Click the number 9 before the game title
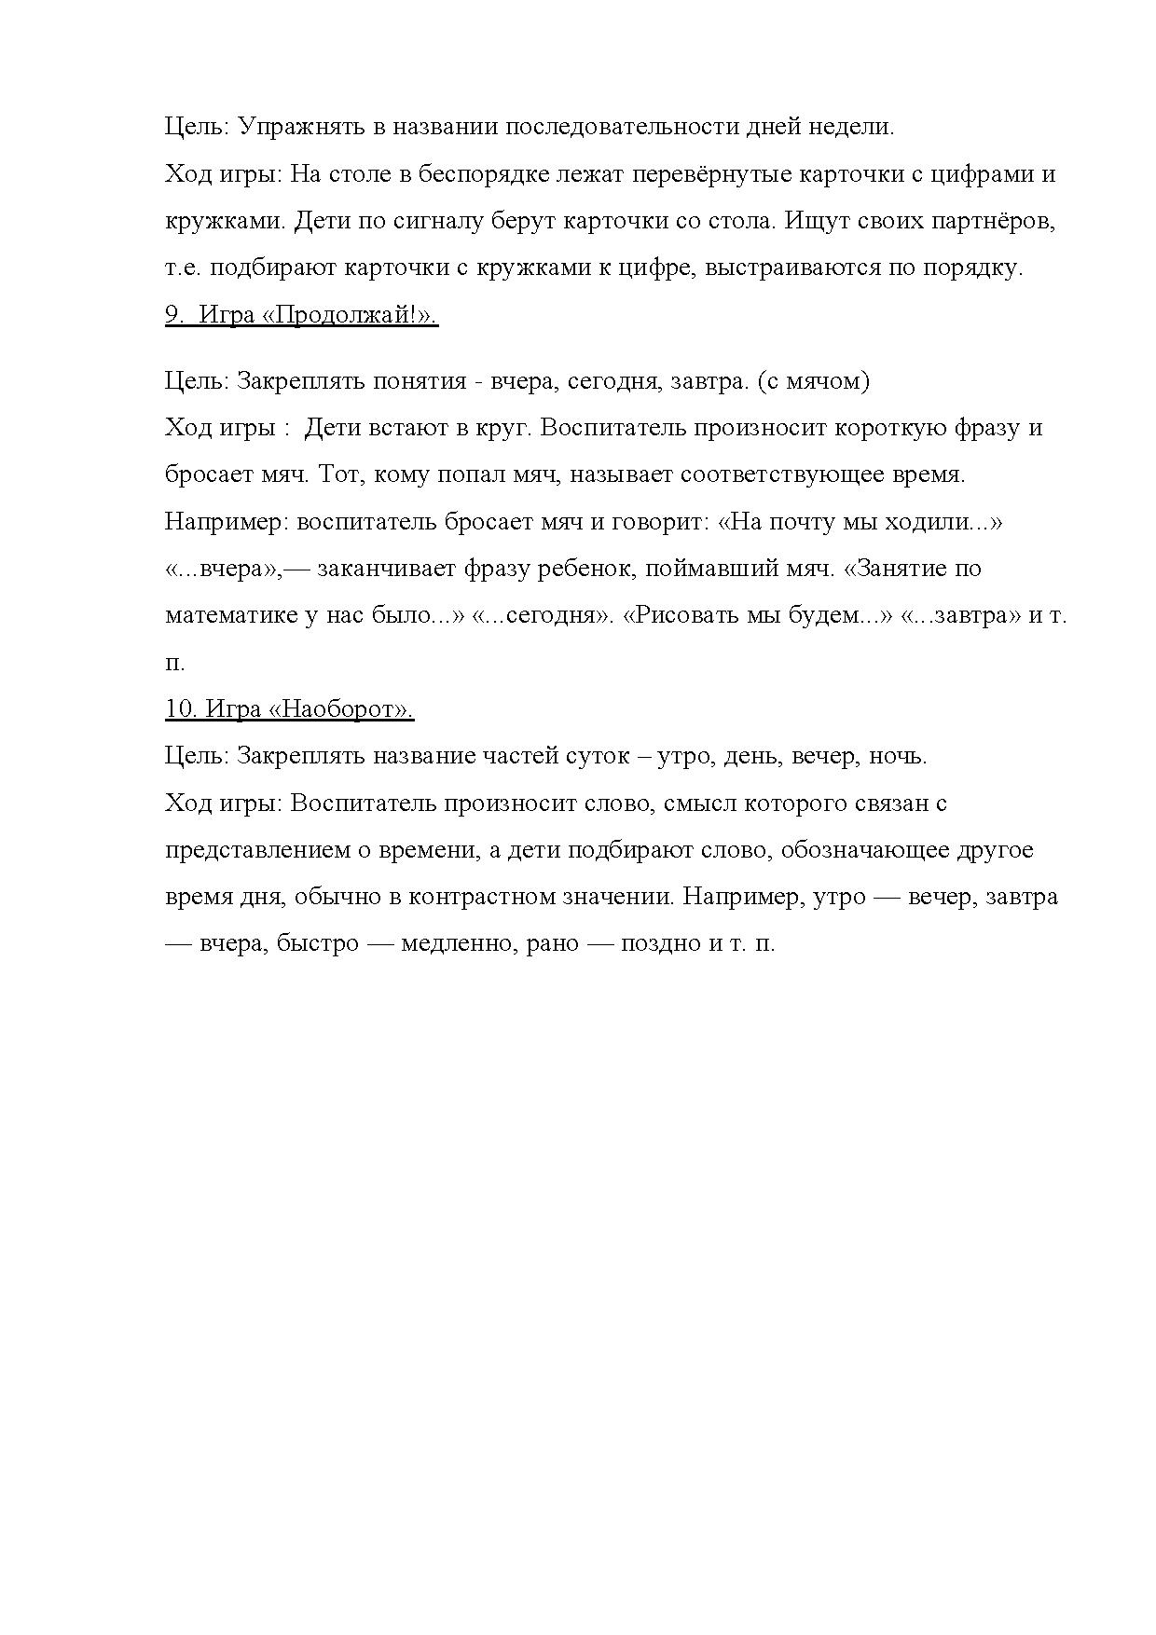173,315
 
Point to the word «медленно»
456,943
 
